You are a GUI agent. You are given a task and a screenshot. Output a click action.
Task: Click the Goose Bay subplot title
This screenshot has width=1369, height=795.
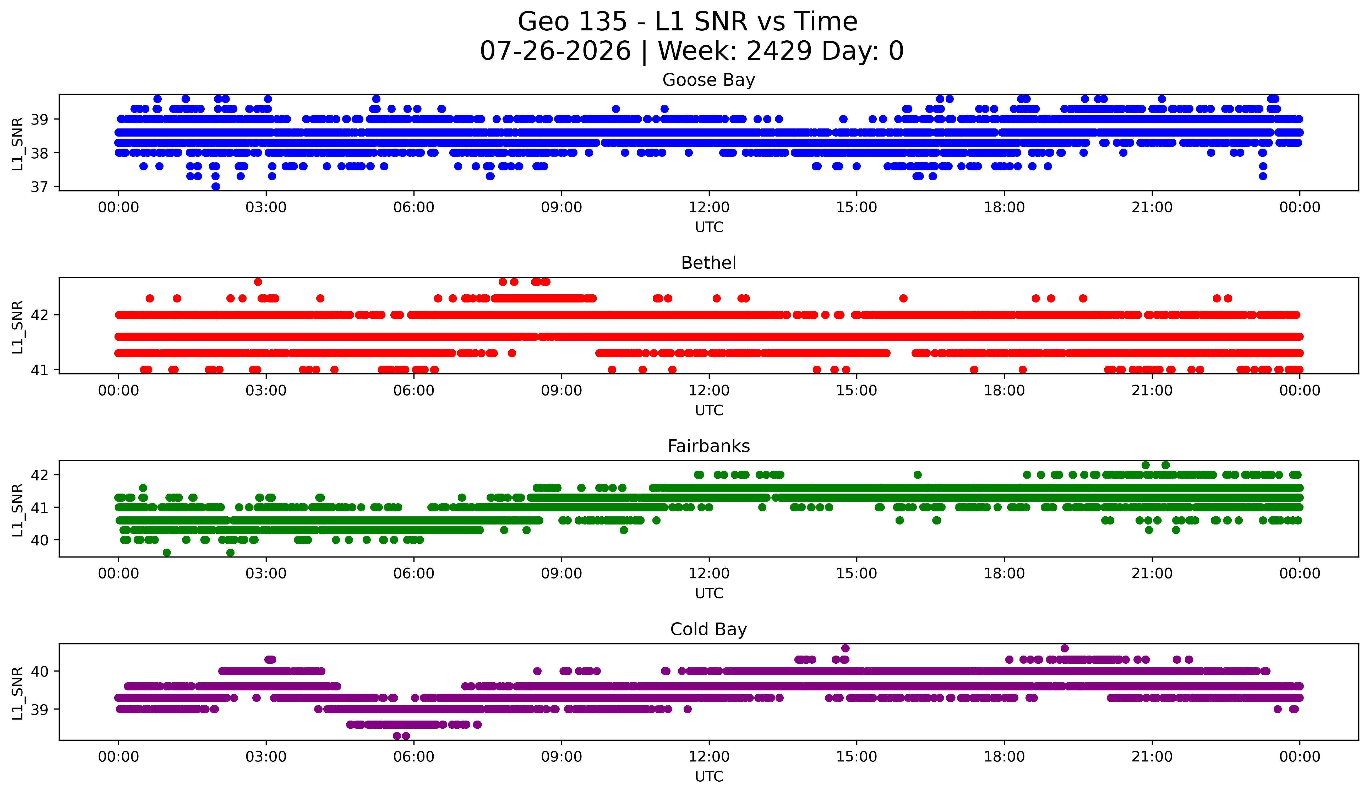708,80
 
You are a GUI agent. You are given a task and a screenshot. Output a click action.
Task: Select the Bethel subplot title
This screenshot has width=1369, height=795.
708,263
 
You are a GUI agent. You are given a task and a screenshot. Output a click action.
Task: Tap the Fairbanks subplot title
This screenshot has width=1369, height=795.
708,446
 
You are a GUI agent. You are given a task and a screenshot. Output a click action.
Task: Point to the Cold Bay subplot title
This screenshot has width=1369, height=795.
708,629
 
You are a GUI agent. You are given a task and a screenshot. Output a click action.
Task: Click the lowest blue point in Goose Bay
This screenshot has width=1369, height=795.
216,186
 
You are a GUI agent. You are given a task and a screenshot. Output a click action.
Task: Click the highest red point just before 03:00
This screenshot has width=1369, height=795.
258,282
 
